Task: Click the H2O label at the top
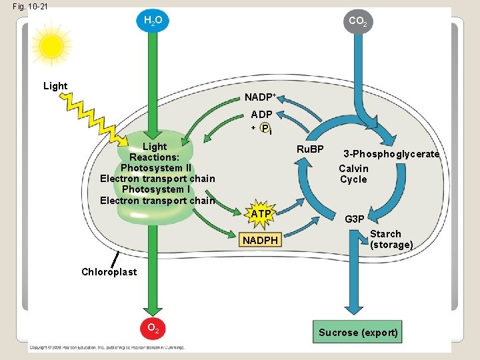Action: (x=153, y=21)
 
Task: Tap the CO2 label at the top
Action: (x=357, y=21)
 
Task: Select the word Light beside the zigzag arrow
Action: (x=55, y=86)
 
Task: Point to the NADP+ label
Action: (x=260, y=99)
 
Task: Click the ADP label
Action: (x=261, y=115)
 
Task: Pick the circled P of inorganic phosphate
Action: (x=266, y=128)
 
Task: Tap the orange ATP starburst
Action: (x=261, y=213)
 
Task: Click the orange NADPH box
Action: (x=260, y=239)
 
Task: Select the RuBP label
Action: (x=309, y=149)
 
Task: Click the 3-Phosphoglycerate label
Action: (x=391, y=154)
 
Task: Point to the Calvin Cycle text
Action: (x=353, y=174)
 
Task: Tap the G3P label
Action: (x=354, y=219)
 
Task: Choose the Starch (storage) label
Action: (x=391, y=239)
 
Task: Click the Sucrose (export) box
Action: (x=359, y=332)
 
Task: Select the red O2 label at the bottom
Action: (x=153, y=328)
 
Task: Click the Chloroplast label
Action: (x=109, y=271)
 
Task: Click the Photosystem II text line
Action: (x=155, y=167)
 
